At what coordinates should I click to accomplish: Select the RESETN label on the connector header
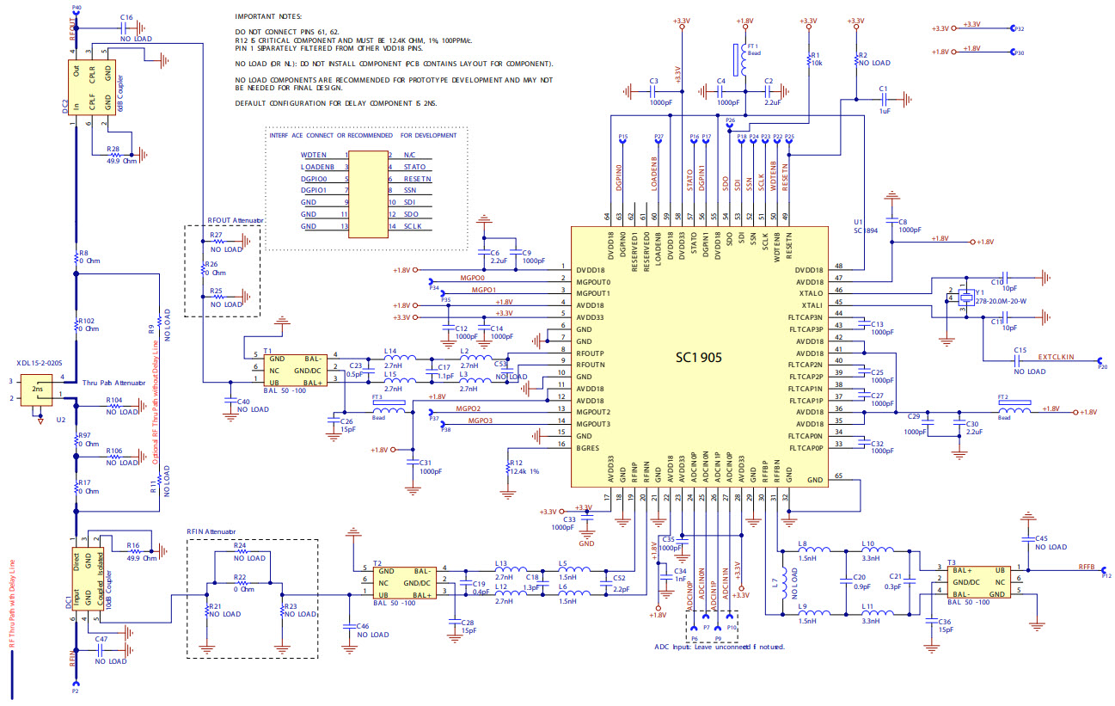tap(417, 178)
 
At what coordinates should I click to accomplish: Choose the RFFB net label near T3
tap(1086, 568)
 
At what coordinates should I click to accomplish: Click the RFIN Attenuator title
tap(211, 532)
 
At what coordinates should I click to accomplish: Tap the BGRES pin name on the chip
tap(590, 448)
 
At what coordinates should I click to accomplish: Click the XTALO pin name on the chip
tap(811, 293)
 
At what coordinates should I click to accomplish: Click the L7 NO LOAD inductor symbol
tap(784, 583)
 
